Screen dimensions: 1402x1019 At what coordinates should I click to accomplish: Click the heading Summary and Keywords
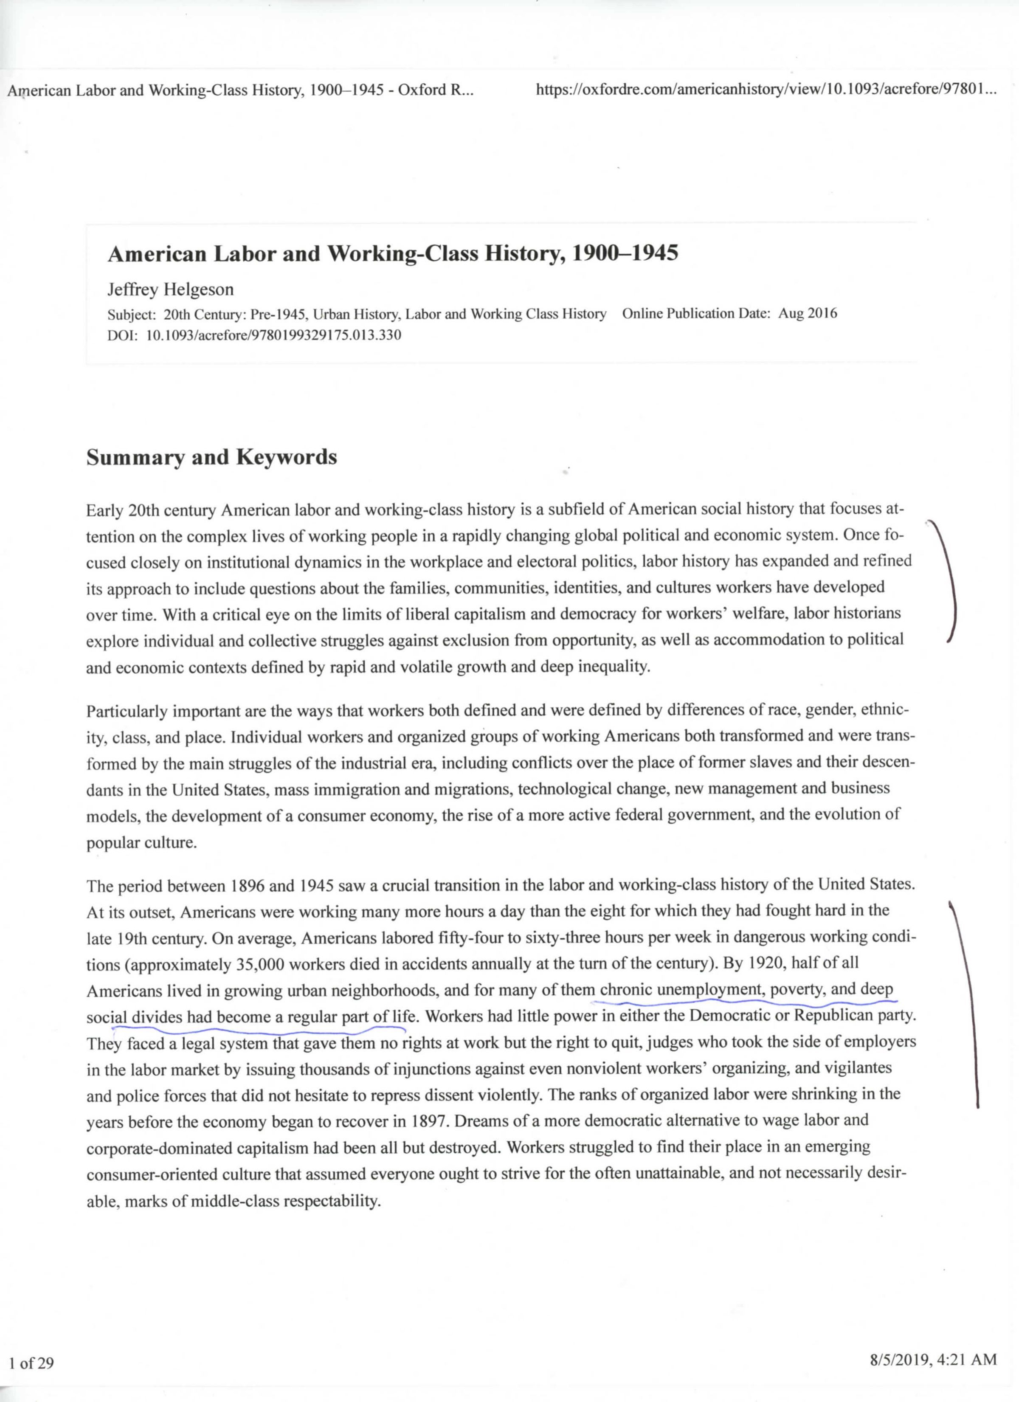click(x=211, y=457)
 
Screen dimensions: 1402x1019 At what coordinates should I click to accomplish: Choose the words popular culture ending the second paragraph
click(x=141, y=843)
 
